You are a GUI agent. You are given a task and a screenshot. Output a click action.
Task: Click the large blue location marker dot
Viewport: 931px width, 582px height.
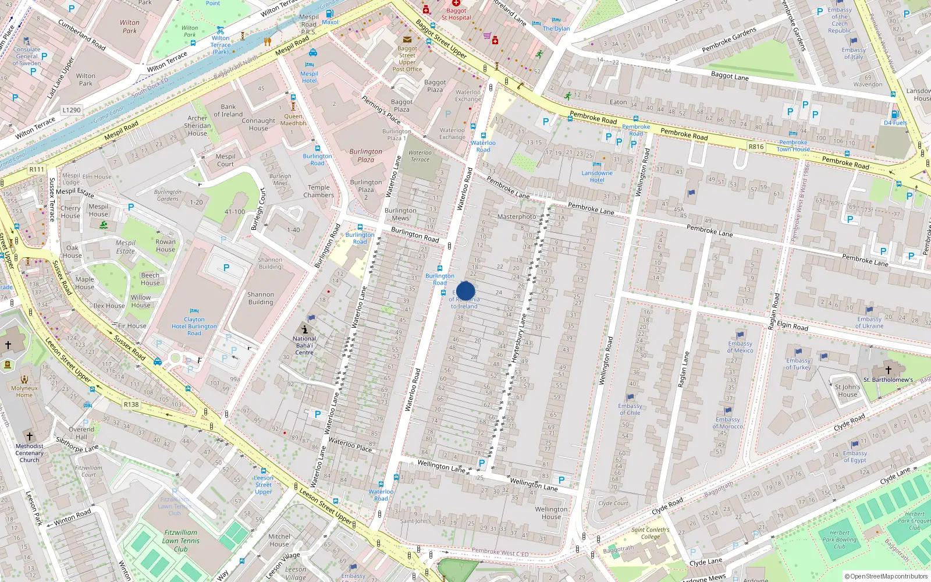tap(465, 291)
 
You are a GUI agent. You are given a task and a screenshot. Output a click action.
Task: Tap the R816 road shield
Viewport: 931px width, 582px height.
tap(756, 147)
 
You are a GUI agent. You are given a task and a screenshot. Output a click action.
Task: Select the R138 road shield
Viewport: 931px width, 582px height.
tap(132, 404)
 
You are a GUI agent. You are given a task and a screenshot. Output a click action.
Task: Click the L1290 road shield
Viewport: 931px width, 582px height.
tap(72, 110)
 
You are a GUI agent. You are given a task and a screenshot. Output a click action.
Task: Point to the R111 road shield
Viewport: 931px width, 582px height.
tap(37, 169)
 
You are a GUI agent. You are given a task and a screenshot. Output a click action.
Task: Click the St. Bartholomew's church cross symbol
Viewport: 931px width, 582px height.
tap(889, 370)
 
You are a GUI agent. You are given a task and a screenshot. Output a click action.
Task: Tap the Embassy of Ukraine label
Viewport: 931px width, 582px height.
tap(869, 322)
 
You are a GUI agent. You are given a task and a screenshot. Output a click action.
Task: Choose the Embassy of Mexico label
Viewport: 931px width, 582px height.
tap(740, 347)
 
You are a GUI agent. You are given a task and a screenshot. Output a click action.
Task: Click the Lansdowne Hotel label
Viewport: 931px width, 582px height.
tap(597, 176)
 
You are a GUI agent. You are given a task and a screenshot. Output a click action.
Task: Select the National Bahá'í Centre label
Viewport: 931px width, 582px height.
tap(304, 345)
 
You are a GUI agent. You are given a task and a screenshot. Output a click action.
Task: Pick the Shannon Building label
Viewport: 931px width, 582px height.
tap(261, 298)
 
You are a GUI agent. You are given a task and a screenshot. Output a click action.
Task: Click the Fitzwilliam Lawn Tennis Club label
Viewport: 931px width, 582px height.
tap(181, 541)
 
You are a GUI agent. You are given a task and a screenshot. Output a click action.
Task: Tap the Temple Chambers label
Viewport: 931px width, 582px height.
tap(319, 191)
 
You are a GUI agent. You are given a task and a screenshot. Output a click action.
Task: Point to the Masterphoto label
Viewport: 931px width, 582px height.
tap(517, 217)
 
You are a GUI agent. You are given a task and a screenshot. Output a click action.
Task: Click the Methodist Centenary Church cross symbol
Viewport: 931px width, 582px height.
tap(30, 436)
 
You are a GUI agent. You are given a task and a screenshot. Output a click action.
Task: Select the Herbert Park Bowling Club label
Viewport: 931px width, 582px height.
tap(839, 540)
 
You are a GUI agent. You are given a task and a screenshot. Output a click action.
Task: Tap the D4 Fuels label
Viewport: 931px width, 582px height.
tap(896, 123)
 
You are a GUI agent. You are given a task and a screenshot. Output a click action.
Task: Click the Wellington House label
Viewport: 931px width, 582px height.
tap(551, 513)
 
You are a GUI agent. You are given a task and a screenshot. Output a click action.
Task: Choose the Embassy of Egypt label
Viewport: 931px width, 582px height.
tap(855, 457)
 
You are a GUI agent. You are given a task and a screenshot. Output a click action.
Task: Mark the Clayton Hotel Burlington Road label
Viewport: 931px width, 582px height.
tap(194, 326)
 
